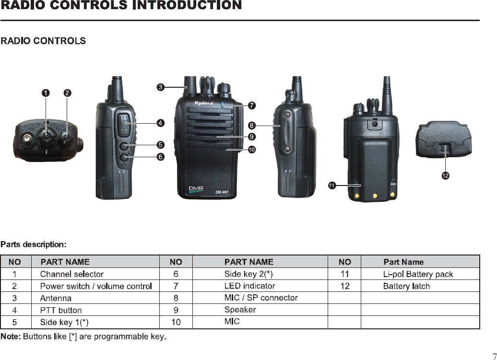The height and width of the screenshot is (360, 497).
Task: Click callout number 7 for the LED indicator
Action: click(252, 105)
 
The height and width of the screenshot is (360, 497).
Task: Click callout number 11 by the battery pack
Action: click(331, 185)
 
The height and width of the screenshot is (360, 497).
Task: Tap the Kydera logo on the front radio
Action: click(203, 104)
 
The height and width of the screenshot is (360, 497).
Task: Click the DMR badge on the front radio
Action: click(196, 188)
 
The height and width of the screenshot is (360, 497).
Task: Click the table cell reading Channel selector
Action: click(71, 274)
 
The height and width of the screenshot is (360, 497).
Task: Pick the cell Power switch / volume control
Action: click(96, 286)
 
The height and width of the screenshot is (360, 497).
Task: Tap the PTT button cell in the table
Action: click(60, 310)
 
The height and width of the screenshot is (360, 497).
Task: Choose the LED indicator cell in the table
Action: click(249, 286)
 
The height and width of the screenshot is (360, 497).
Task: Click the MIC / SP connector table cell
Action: click(261, 298)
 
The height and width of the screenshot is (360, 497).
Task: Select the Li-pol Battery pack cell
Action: click(417, 274)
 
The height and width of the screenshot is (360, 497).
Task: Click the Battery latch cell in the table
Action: click(406, 286)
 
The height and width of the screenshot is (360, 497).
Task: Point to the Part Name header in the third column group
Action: click(403, 262)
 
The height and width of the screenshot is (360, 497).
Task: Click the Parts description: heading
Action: click(33, 244)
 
